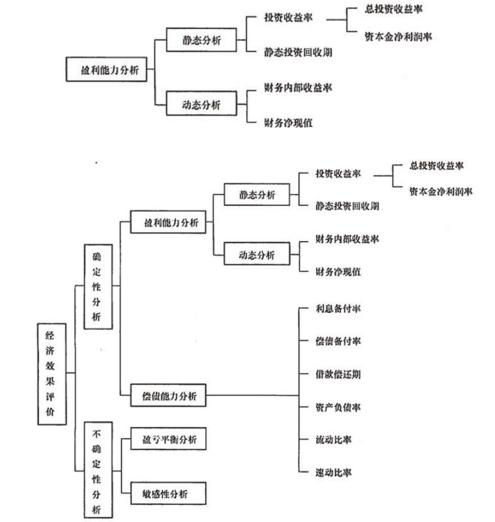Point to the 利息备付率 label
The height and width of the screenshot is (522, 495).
[337, 308]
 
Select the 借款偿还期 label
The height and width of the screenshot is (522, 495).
[337, 374]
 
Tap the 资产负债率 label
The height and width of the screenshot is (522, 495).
[337, 407]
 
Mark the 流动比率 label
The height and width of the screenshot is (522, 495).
[333, 440]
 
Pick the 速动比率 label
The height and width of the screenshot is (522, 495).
[333, 473]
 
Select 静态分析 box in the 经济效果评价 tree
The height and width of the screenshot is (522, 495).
[256, 195]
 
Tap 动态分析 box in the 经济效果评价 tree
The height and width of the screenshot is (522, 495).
[256, 255]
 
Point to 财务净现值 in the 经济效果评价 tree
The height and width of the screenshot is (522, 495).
[338, 271]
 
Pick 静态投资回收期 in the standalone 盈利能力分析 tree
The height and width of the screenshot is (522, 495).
[298, 53]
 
